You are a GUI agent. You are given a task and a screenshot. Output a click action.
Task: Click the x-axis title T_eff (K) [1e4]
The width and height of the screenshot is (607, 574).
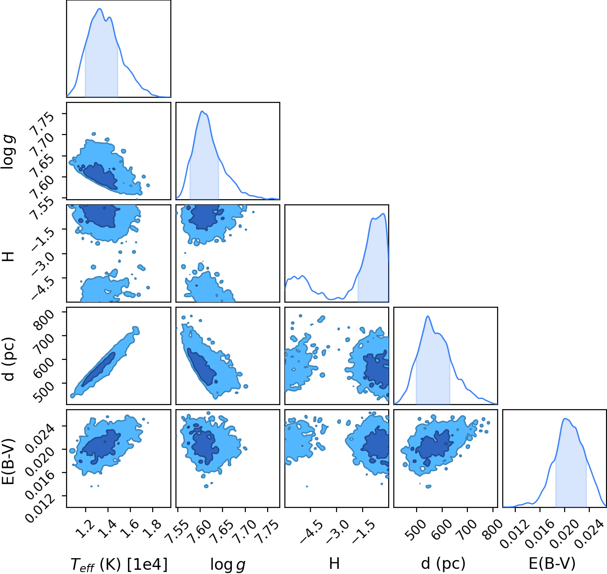(x=119, y=564)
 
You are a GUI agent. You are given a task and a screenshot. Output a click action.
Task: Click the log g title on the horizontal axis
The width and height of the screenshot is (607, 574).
(x=228, y=565)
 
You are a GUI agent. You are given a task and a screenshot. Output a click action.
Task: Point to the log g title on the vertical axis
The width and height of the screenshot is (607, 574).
(x=8, y=152)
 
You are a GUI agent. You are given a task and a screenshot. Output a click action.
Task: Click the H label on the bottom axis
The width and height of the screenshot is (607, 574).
(x=334, y=563)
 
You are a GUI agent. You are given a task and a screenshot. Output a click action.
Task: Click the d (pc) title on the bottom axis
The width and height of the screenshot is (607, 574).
(x=443, y=564)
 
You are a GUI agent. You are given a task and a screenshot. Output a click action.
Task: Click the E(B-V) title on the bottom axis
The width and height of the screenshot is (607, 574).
(x=553, y=564)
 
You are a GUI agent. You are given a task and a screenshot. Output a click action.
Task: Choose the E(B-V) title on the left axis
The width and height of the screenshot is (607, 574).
(x=8, y=461)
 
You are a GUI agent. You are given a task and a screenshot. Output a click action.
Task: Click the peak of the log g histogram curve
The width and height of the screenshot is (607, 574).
(x=202, y=111)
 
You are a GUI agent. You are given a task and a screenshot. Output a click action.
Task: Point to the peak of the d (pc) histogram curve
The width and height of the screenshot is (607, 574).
(x=428, y=316)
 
